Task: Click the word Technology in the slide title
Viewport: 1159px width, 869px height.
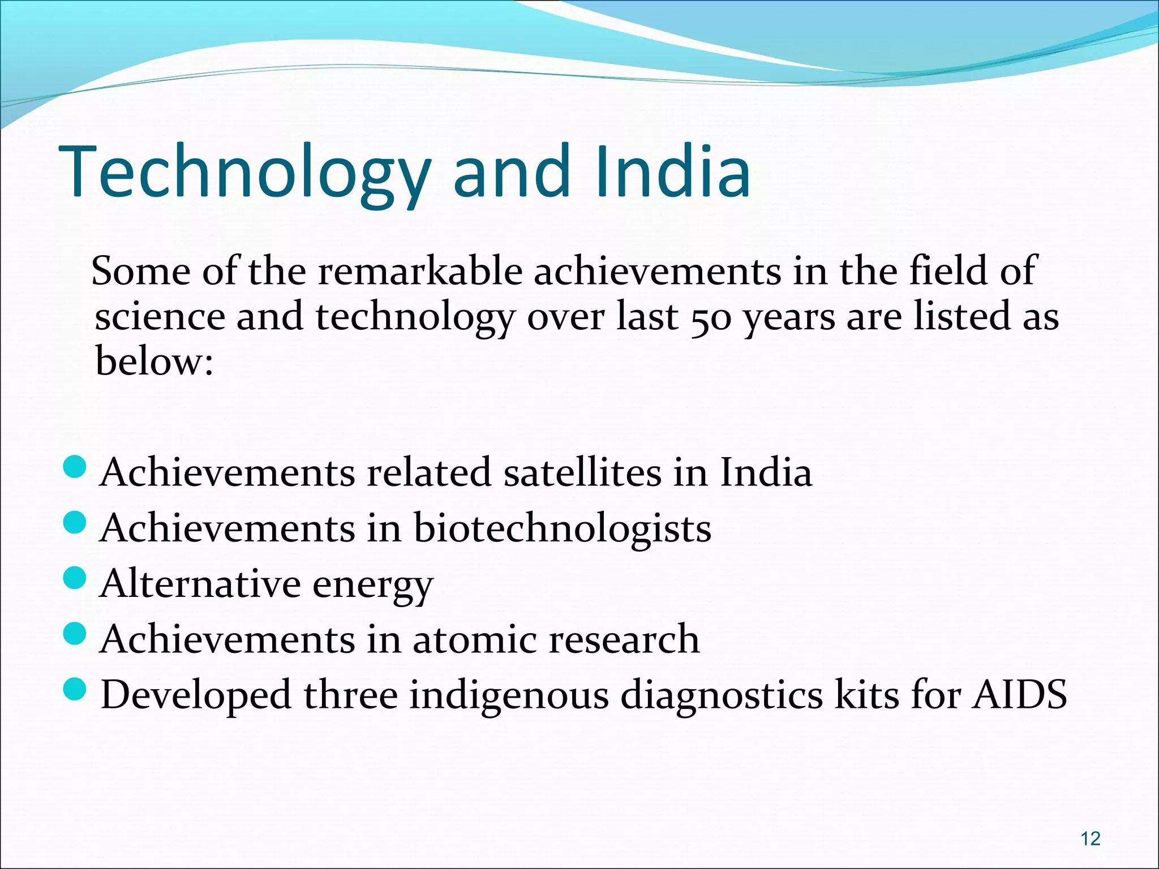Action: pyautogui.click(x=243, y=173)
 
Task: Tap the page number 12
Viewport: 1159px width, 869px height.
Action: pyautogui.click(x=1090, y=838)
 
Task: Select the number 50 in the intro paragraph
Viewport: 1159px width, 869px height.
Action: pyautogui.click(x=710, y=318)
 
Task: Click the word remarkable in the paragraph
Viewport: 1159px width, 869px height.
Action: pyautogui.click(x=419, y=272)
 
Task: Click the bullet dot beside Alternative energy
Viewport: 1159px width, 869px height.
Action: pyautogui.click(x=74, y=578)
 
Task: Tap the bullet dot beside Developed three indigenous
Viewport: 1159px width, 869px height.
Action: pyautogui.click(x=74, y=689)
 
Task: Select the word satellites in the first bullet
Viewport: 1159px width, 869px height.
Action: pyautogui.click(x=582, y=472)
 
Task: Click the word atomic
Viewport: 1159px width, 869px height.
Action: pyautogui.click(x=474, y=639)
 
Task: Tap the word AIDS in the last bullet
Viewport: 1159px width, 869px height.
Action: pyautogui.click(x=1019, y=695)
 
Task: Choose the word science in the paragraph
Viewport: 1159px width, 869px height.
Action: pyautogui.click(x=160, y=318)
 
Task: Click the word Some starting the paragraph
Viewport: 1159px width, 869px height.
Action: pyautogui.click(x=141, y=272)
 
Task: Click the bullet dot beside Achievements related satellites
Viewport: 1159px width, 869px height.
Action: pyautogui.click(x=74, y=467)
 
